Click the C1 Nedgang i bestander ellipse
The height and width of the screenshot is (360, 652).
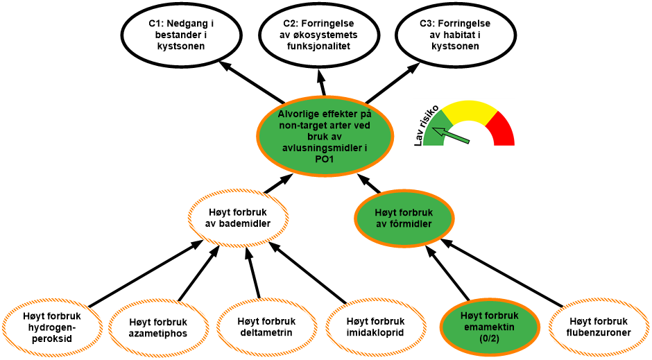coord(181,35)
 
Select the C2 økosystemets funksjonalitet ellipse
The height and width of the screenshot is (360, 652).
coord(319,35)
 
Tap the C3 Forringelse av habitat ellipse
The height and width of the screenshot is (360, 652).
coord(455,35)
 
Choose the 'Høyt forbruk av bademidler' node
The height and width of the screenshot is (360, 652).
coord(238,218)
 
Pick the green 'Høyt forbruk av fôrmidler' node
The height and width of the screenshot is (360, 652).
coord(404,218)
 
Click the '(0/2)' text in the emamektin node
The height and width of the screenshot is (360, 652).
coord(490,338)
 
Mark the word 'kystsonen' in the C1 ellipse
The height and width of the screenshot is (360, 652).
coord(181,46)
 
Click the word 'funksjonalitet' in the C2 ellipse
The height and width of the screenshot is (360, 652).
coord(319,46)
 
